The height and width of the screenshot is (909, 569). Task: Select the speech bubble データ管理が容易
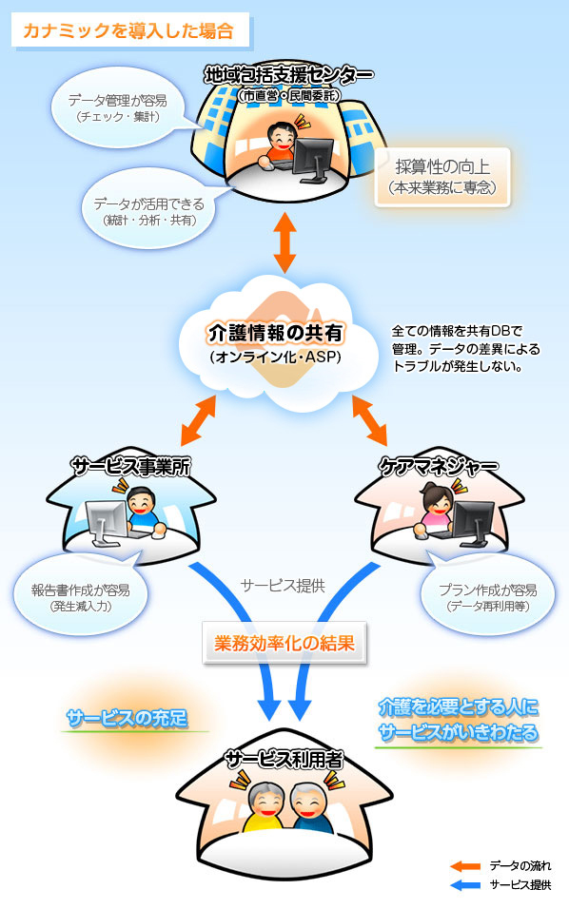coord(117,107)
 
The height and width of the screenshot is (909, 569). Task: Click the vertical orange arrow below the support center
coord(284,245)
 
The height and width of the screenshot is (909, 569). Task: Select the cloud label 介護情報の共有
coord(276,334)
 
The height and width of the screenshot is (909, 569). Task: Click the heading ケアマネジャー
coord(439,467)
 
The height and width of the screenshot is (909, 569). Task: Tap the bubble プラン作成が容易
coord(481,596)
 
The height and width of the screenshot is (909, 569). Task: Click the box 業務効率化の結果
coord(285,643)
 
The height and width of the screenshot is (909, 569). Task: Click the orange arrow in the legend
coord(465,866)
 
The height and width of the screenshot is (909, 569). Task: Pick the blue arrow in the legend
coord(465,885)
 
